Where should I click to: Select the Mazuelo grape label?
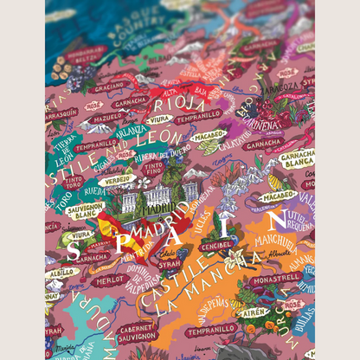pyautogui.click(x=109, y=117)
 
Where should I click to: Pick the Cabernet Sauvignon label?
pyautogui.click(x=137, y=331)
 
